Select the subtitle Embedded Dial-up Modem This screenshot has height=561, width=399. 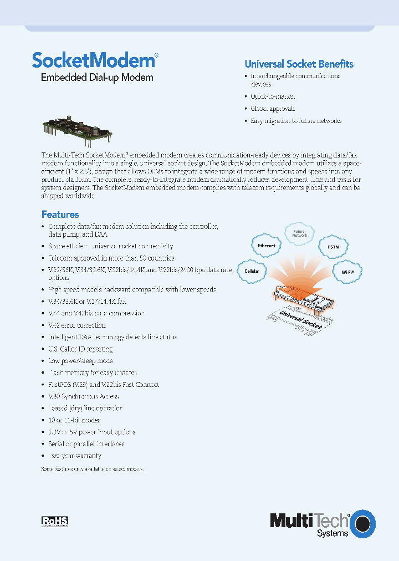[x=97, y=78]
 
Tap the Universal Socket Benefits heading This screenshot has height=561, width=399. [x=299, y=64]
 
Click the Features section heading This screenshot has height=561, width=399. [x=60, y=215]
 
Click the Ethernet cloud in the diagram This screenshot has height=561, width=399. [x=267, y=246]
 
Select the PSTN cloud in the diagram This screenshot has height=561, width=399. [x=333, y=247]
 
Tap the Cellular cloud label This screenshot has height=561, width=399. [x=252, y=272]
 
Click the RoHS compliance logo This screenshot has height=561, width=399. [x=55, y=521]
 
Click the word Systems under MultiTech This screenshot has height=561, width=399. [x=332, y=533]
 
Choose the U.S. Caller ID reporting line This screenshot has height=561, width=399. [x=80, y=349]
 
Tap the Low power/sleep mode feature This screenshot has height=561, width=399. [x=80, y=361]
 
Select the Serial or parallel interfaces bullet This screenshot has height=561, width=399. [x=86, y=444]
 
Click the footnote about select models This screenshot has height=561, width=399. [x=93, y=469]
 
